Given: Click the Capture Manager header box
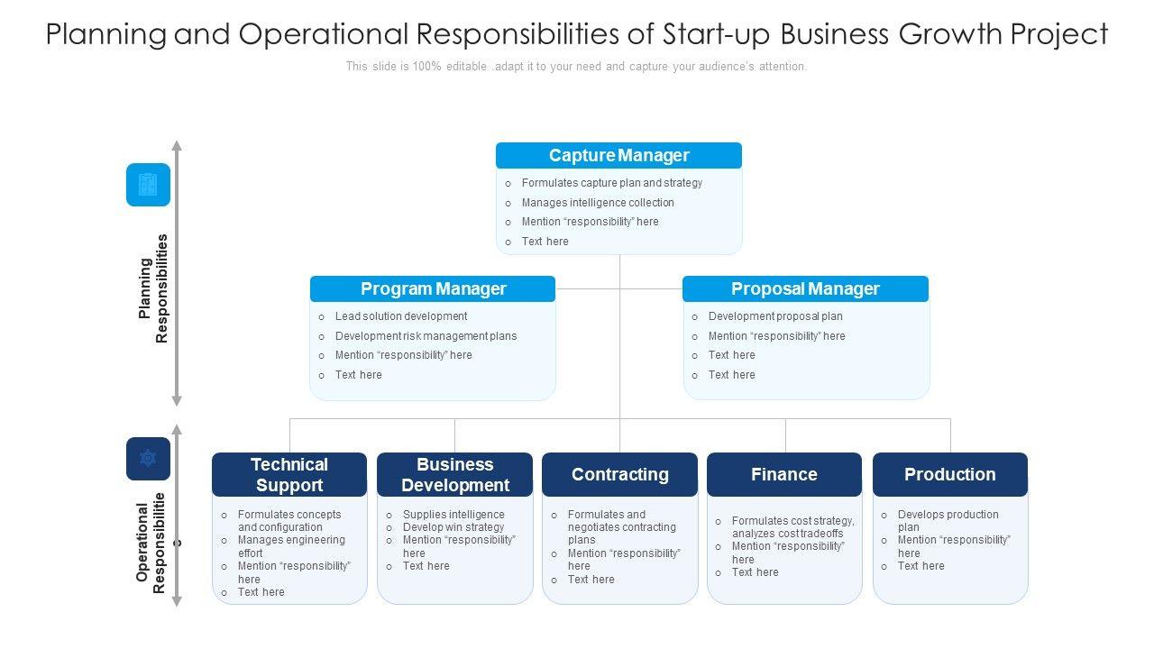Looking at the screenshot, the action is (618, 155).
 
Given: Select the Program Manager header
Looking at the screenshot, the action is (433, 288).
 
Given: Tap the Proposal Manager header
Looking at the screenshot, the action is (805, 288).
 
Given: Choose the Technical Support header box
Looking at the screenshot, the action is (289, 474).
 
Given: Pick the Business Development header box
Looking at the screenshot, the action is (454, 474).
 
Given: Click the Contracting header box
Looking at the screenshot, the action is (619, 474).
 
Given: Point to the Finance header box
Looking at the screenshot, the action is (784, 474).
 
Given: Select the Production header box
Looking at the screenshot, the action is (949, 474).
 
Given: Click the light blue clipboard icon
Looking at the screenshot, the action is (148, 185).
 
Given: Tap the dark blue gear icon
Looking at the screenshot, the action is (148, 459).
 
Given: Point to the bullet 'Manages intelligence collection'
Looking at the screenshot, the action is (597, 203).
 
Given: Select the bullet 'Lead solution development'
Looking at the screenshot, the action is (400, 316).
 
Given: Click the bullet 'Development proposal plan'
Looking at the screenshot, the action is (774, 316).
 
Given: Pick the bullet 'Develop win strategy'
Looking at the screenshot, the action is (453, 527).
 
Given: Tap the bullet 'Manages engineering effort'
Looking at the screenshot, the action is (290, 546).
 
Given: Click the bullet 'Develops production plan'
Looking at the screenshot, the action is (948, 520).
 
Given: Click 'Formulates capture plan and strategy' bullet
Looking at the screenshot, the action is (611, 183).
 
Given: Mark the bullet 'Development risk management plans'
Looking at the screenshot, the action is (426, 336).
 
